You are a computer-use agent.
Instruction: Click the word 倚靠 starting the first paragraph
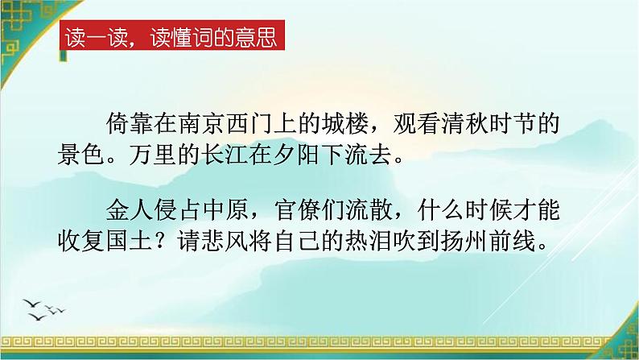(129, 126)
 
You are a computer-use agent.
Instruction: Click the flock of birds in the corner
(46, 306)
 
